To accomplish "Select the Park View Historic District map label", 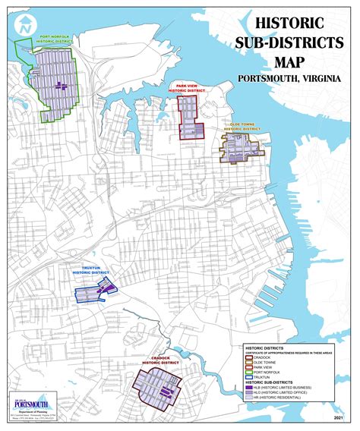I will (189, 89).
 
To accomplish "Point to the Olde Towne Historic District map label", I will (242, 125).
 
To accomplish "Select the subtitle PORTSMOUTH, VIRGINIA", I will (287, 79).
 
